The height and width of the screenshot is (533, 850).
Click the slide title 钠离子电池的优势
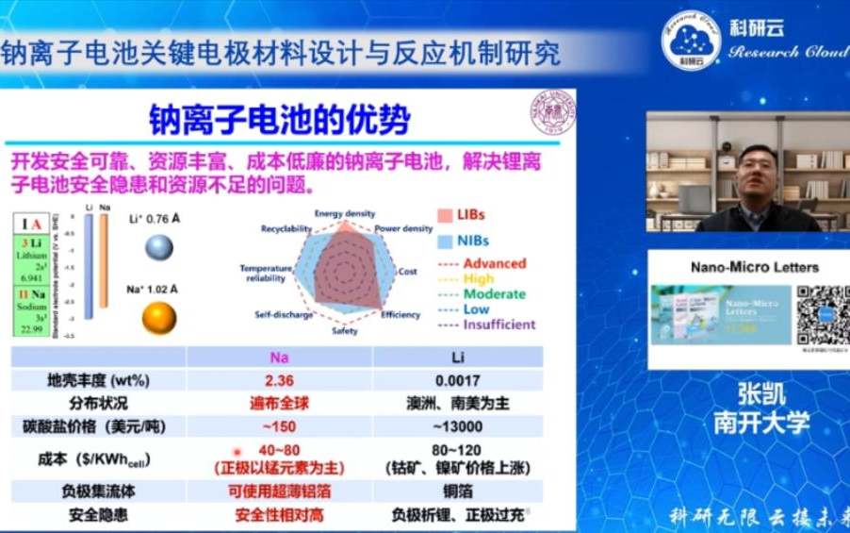pos(280,120)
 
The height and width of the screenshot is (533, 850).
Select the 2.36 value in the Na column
pos(280,381)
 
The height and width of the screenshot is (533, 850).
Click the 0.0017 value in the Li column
pos(458,381)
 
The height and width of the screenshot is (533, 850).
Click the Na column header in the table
pos(280,358)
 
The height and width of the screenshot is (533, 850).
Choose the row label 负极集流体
pos(98,491)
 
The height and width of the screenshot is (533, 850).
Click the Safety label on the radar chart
pos(344,331)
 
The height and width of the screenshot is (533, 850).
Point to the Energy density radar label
pos(344,213)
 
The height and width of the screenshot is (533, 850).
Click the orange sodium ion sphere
pos(159,318)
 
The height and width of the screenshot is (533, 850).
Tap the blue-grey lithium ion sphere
pos(158,248)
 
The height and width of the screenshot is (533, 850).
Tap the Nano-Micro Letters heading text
pos(754,267)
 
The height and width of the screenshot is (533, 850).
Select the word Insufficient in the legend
pos(499,325)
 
